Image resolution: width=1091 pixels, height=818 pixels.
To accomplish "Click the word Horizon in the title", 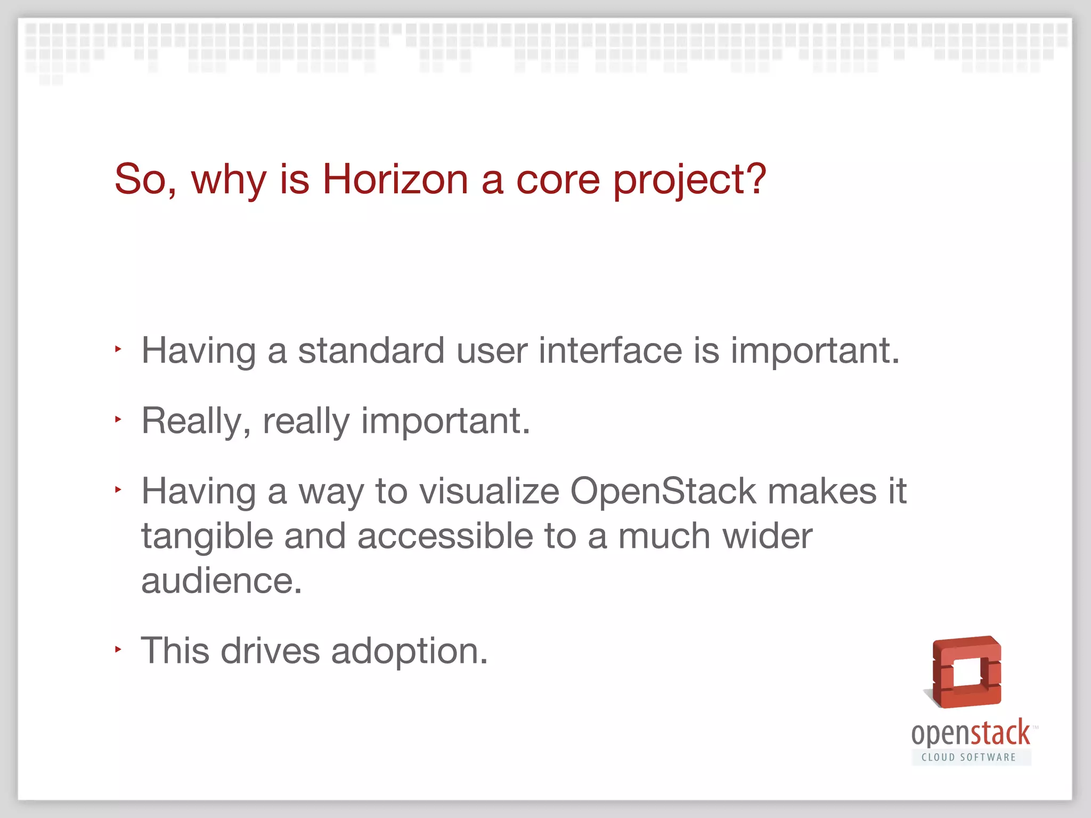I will point(395,179).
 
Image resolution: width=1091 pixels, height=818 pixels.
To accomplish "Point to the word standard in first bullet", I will point(371,351).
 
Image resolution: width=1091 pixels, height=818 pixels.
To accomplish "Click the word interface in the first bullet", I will point(610,351).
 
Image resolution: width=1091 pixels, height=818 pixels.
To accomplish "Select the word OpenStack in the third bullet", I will point(663,491).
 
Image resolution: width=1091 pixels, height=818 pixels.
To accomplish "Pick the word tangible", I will point(207,537).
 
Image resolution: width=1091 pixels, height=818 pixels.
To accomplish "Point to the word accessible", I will point(445,536).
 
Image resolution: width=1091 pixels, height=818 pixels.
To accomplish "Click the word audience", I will point(221,580).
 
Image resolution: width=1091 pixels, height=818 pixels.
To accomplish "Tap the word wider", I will point(767,536).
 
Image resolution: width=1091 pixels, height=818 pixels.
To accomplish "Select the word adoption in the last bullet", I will point(409,652).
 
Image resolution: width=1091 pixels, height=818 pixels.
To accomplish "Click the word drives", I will point(270,651).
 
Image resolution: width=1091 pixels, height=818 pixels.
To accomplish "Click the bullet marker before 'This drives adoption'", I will point(118,649).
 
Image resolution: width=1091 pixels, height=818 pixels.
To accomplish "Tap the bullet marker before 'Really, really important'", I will point(118,419).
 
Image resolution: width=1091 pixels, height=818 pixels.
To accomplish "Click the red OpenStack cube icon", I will point(966,672).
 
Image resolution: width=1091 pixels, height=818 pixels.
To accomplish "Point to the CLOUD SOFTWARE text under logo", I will point(969,757).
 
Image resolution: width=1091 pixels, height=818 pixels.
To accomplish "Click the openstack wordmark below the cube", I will point(970,734).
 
